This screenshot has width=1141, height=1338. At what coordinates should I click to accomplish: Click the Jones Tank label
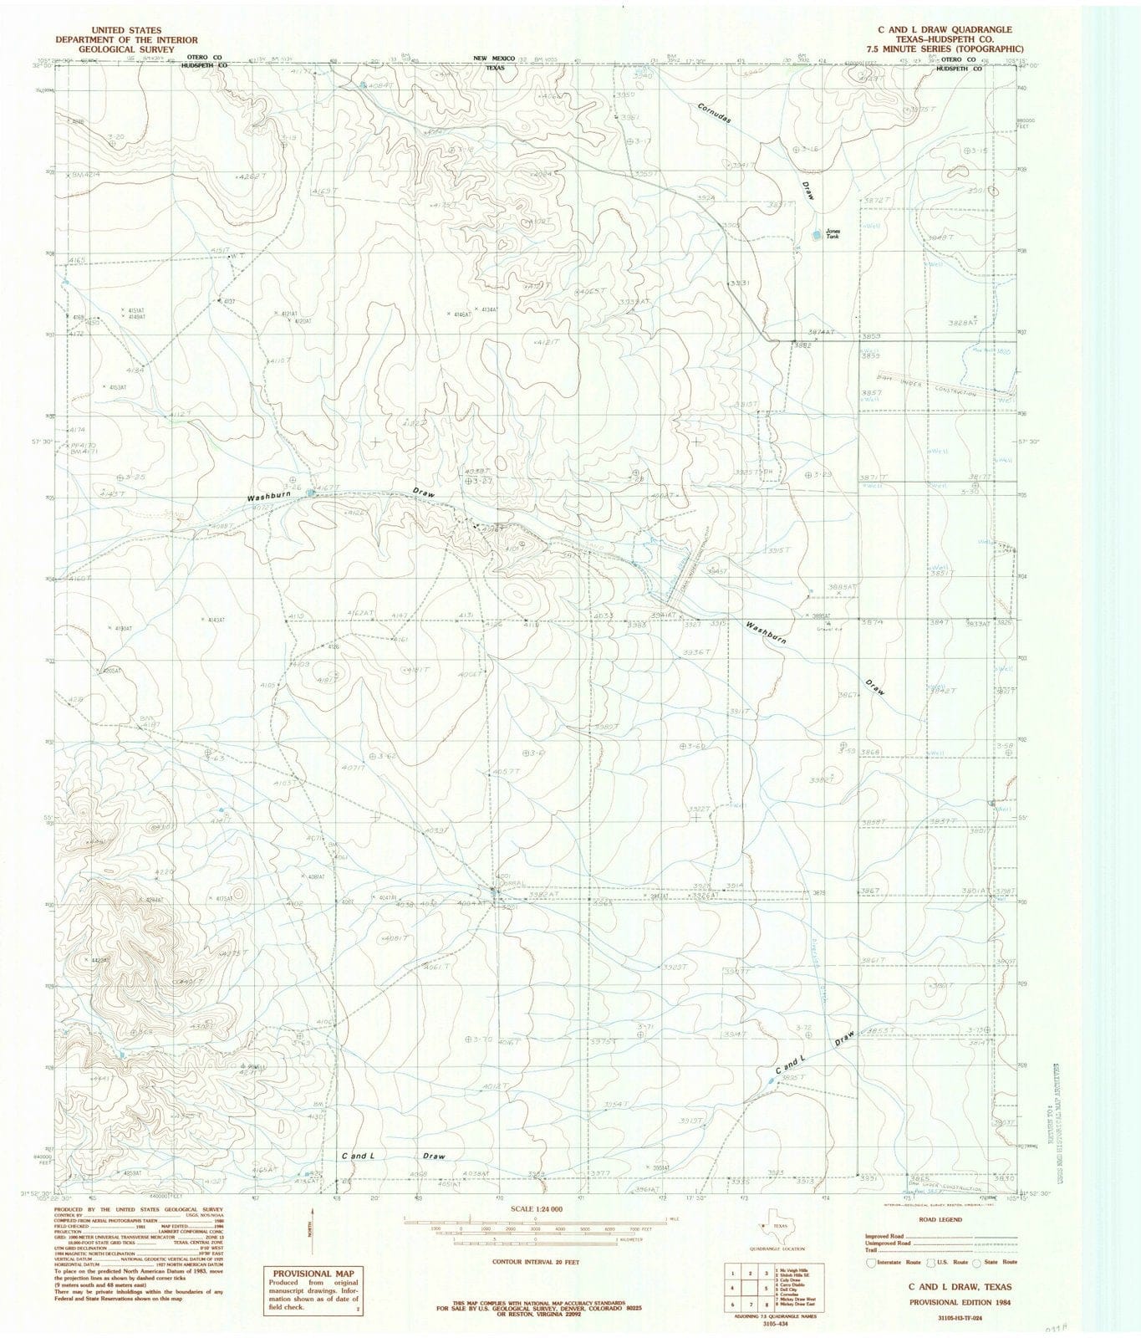click(832, 235)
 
